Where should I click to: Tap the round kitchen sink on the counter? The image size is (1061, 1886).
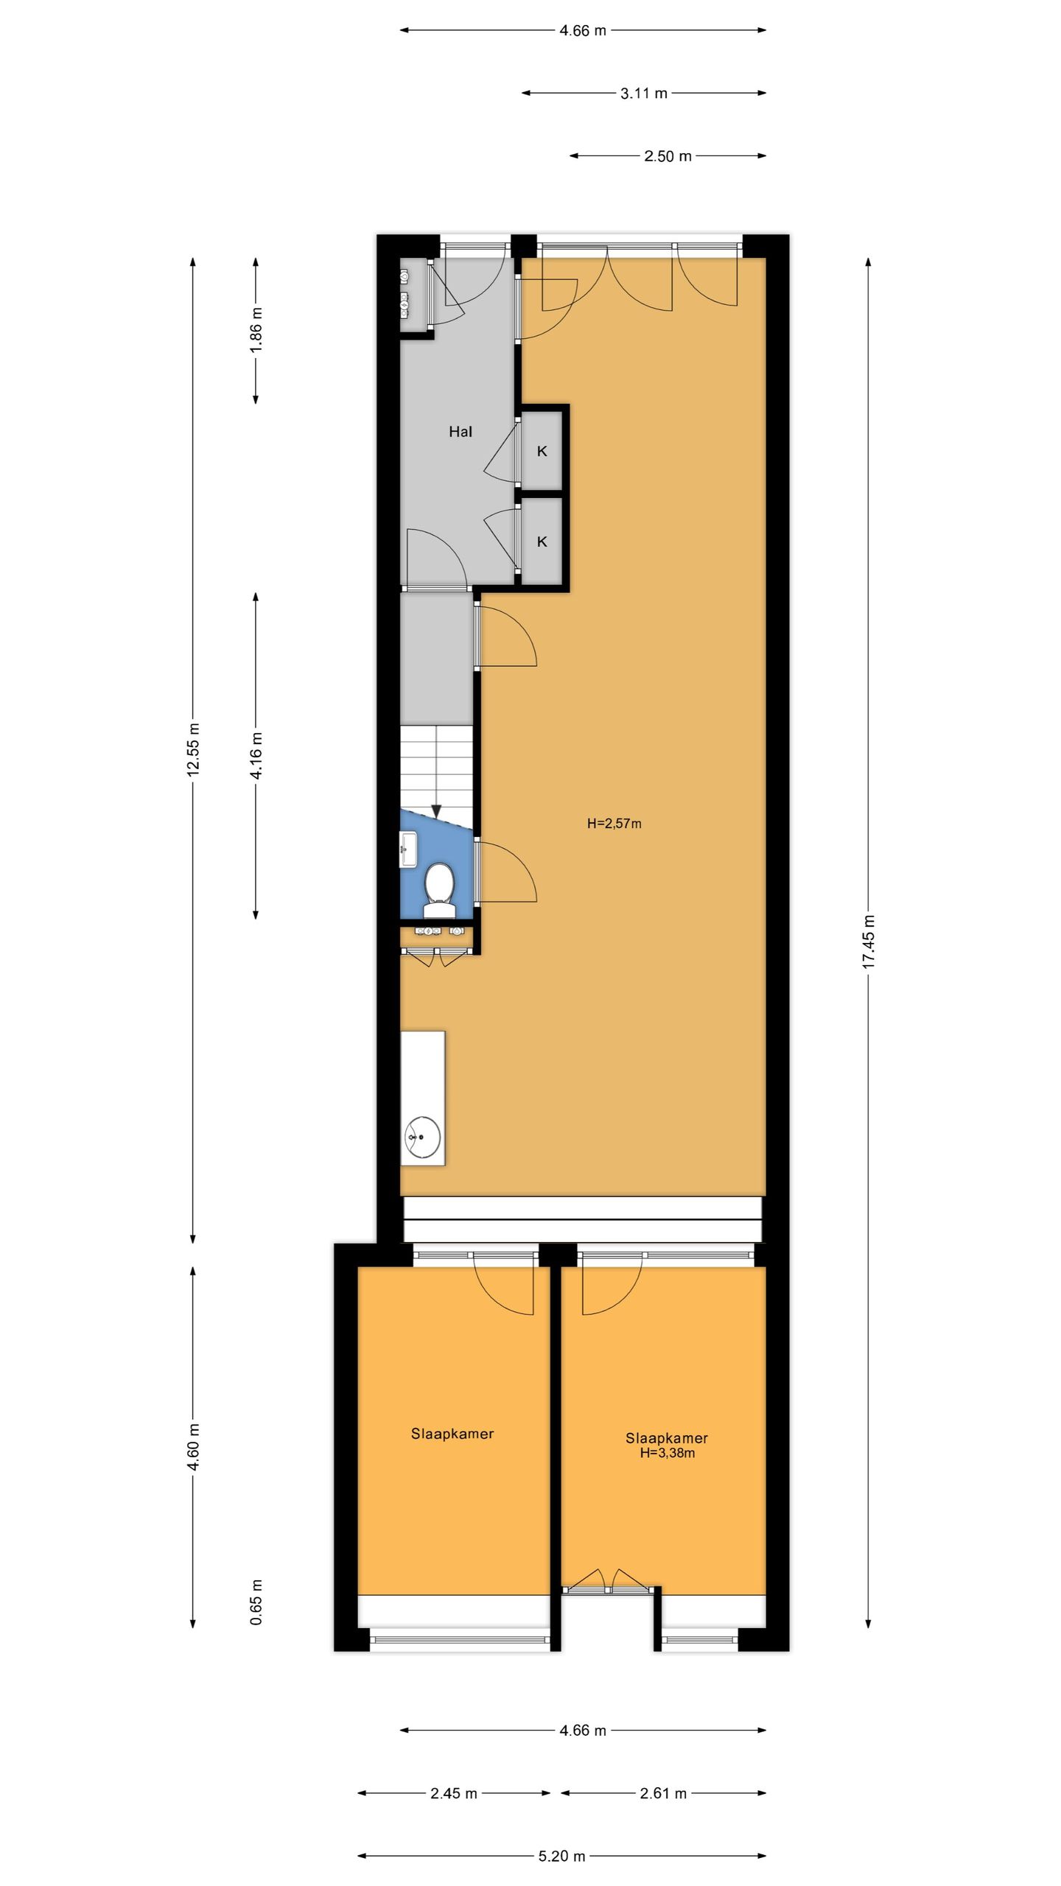[423, 1137]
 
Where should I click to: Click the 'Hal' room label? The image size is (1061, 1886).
[461, 432]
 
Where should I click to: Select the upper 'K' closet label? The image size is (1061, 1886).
[542, 452]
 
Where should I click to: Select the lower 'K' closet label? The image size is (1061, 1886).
[542, 542]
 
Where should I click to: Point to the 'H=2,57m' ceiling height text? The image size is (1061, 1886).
[614, 824]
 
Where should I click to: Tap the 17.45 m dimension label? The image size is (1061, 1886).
[869, 942]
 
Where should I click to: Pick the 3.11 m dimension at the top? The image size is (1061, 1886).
[644, 94]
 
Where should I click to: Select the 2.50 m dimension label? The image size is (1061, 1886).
[668, 156]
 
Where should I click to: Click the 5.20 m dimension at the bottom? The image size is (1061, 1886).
[561, 1857]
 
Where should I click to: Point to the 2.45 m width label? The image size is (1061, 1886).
[454, 1794]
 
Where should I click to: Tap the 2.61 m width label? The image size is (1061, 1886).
[663, 1794]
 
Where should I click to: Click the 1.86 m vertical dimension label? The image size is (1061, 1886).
[256, 329]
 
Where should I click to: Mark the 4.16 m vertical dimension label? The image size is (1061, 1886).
[256, 756]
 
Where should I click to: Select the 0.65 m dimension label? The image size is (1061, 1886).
[256, 1603]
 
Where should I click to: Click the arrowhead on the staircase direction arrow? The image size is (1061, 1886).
[436, 811]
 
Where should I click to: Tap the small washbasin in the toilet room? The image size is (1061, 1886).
[408, 848]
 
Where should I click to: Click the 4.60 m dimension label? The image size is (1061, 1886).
[193, 1447]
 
